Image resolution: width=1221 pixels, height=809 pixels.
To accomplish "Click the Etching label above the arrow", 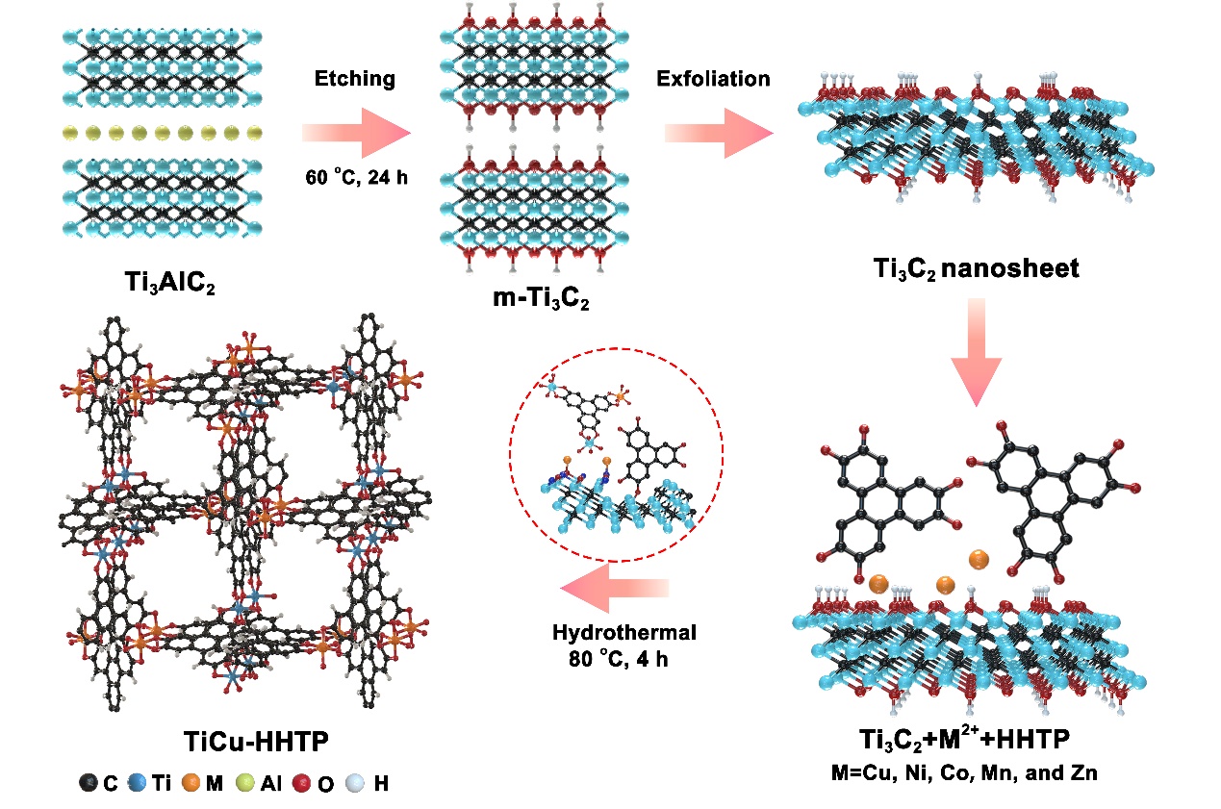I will click(355, 79).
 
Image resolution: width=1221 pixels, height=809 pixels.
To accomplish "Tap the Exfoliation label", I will click(713, 79).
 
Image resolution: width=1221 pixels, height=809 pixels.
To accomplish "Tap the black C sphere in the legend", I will click(88, 784).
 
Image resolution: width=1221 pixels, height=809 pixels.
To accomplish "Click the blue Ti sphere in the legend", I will click(139, 784).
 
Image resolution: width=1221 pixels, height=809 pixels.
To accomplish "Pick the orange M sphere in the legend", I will click(192, 784).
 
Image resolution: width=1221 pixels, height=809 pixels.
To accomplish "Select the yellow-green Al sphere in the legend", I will click(244, 784).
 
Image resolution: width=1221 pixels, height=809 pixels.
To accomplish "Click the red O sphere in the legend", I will click(309, 784).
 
